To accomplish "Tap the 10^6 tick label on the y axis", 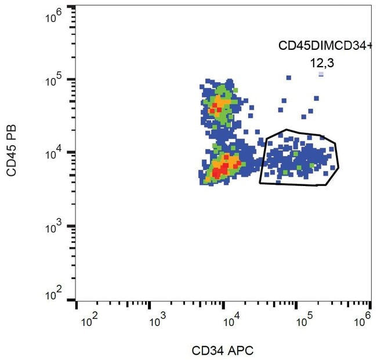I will tap(54, 17).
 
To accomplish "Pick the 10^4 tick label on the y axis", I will tap(54, 152).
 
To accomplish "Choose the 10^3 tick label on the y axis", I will tap(54, 226).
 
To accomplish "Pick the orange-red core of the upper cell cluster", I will tap(219, 105).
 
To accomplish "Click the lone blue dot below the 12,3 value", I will tap(321, 74).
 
